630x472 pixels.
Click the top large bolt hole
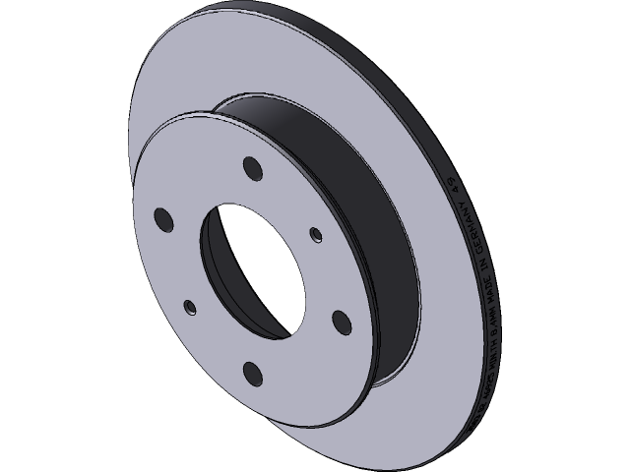click(251, 169)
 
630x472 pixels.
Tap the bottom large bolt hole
click(251, 371)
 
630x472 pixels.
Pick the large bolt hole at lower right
click(340, 322)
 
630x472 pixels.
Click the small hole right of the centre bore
click(316, 234)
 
